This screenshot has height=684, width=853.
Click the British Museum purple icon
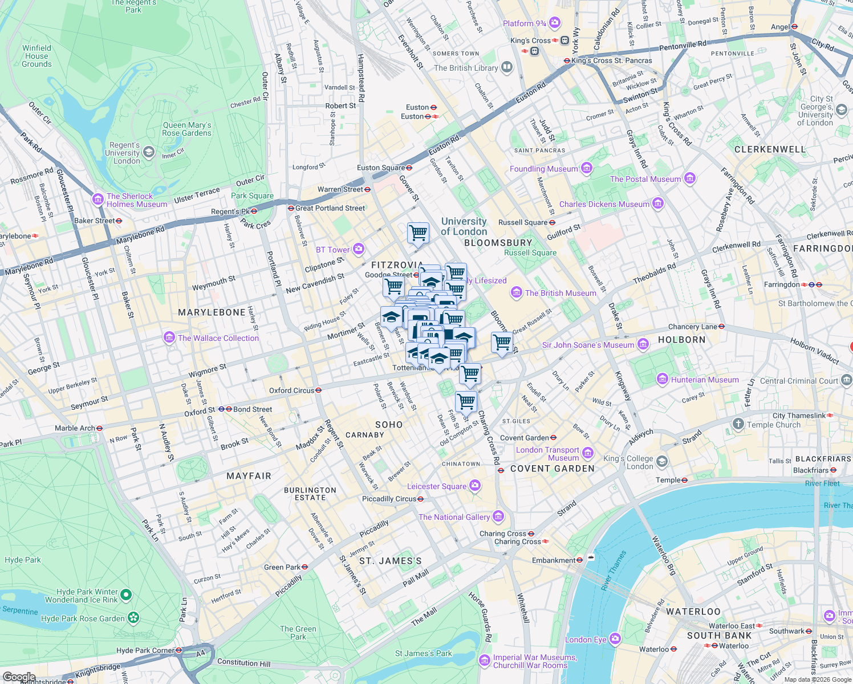(517, 293)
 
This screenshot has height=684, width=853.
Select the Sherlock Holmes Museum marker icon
(98, 199)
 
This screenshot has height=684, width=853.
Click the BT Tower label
(333, 250)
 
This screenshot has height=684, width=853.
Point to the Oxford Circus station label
(291, 390)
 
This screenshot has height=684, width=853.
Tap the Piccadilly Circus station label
(389, 499)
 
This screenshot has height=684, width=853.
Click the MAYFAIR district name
(249, 476)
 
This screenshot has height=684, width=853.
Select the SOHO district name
(389, 425)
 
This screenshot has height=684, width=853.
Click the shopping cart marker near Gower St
(418, 232)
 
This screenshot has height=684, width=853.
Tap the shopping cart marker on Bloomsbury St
(501, 342)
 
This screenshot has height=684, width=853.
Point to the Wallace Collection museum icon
(169, 338)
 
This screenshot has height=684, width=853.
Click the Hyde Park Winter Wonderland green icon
(126, 596)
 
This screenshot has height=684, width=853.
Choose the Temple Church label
(773, 425)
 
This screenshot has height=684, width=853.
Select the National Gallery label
(454, 517)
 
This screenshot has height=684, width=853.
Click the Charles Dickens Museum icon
(658, 203)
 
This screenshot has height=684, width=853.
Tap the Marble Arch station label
(75, 428)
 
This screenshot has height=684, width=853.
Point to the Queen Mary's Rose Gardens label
(186, 129)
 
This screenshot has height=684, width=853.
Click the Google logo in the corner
(19, 677)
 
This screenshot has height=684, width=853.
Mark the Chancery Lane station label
(692, 327)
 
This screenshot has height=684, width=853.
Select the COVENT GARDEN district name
(552, 469)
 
